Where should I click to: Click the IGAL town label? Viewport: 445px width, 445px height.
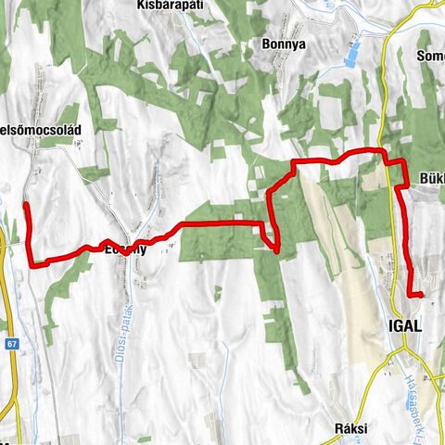pos(400,326)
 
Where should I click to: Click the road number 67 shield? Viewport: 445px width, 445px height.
pos(12,344)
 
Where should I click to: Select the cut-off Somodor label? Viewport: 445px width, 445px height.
pos(431,57)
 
